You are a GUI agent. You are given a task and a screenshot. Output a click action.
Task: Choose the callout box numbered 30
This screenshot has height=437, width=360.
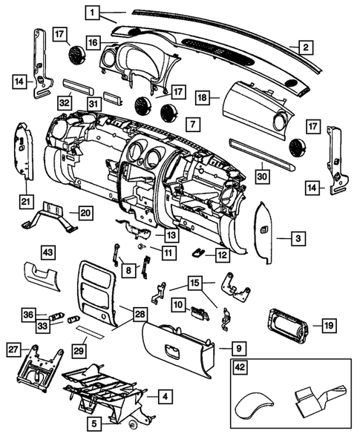tap(261, 177)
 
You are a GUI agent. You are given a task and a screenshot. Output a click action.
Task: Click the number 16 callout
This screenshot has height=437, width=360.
tap(92, 43)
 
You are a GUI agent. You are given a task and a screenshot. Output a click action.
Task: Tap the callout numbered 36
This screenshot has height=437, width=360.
tap(27, 314)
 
